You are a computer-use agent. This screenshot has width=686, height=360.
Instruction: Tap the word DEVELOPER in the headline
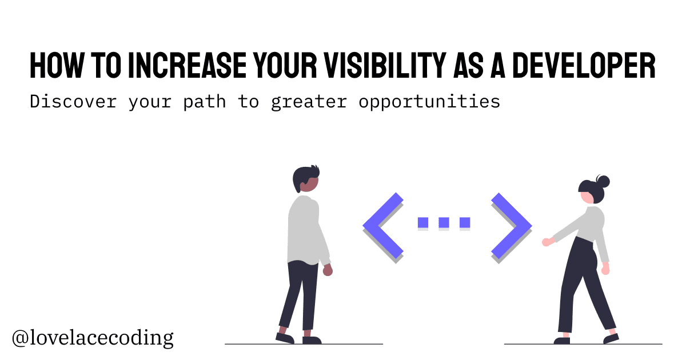[584, 66]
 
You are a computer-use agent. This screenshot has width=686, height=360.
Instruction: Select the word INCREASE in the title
[187, 66]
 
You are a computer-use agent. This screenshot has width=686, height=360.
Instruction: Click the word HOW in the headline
[57, 66]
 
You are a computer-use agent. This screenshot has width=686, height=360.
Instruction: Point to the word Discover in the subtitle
[73, 101]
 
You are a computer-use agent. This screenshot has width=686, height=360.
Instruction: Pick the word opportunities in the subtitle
[429, 102]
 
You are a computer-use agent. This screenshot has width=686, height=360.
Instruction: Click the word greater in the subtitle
[309, 102]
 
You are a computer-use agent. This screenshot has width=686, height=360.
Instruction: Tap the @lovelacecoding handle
[93, 338]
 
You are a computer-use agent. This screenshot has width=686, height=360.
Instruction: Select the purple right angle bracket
[512, 226]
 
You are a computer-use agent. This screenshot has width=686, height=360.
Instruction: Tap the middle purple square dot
[444, 222]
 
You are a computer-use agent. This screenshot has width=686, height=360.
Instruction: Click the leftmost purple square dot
[423, 222]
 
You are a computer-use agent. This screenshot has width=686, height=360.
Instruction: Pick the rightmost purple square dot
[465, 222]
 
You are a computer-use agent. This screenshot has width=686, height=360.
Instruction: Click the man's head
[306, 179]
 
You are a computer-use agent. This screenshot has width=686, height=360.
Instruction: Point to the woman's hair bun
[603, 181]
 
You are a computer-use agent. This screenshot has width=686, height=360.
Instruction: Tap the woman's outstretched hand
[547, 242]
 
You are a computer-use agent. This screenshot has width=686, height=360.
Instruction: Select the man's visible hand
[328, 270]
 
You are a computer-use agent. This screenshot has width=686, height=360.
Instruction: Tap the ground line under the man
[304, 344]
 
